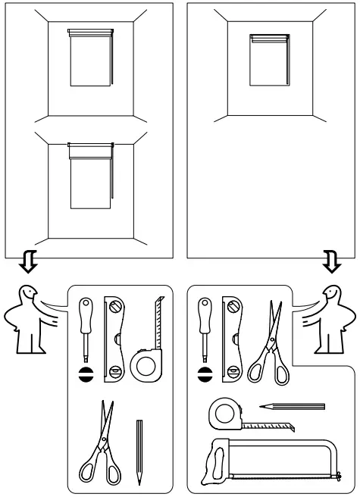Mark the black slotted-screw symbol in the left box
tap(86, 374)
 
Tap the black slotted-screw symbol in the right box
tap(203, 374)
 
